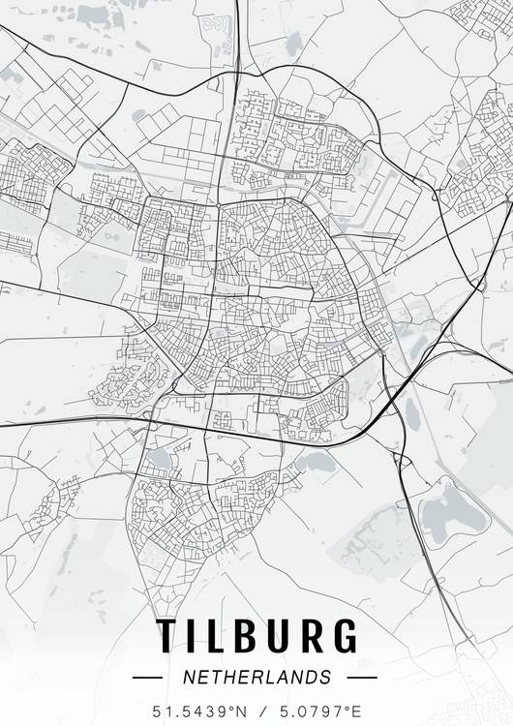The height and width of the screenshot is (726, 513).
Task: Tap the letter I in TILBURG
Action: pyautogui.click(x=194, y=636)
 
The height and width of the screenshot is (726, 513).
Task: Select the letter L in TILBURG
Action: pyautogui.click(x=218, y=636)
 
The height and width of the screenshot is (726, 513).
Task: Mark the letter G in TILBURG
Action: pyautogui.click(x=346, y=636)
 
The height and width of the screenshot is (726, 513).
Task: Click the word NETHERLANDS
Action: pyautogui.click(x=256, y=677)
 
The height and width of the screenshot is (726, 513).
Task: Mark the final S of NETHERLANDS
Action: pyautogui.click(x=326, y=677)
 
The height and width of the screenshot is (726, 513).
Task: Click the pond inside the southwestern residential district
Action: pyautogui.click(x=159, y=457)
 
